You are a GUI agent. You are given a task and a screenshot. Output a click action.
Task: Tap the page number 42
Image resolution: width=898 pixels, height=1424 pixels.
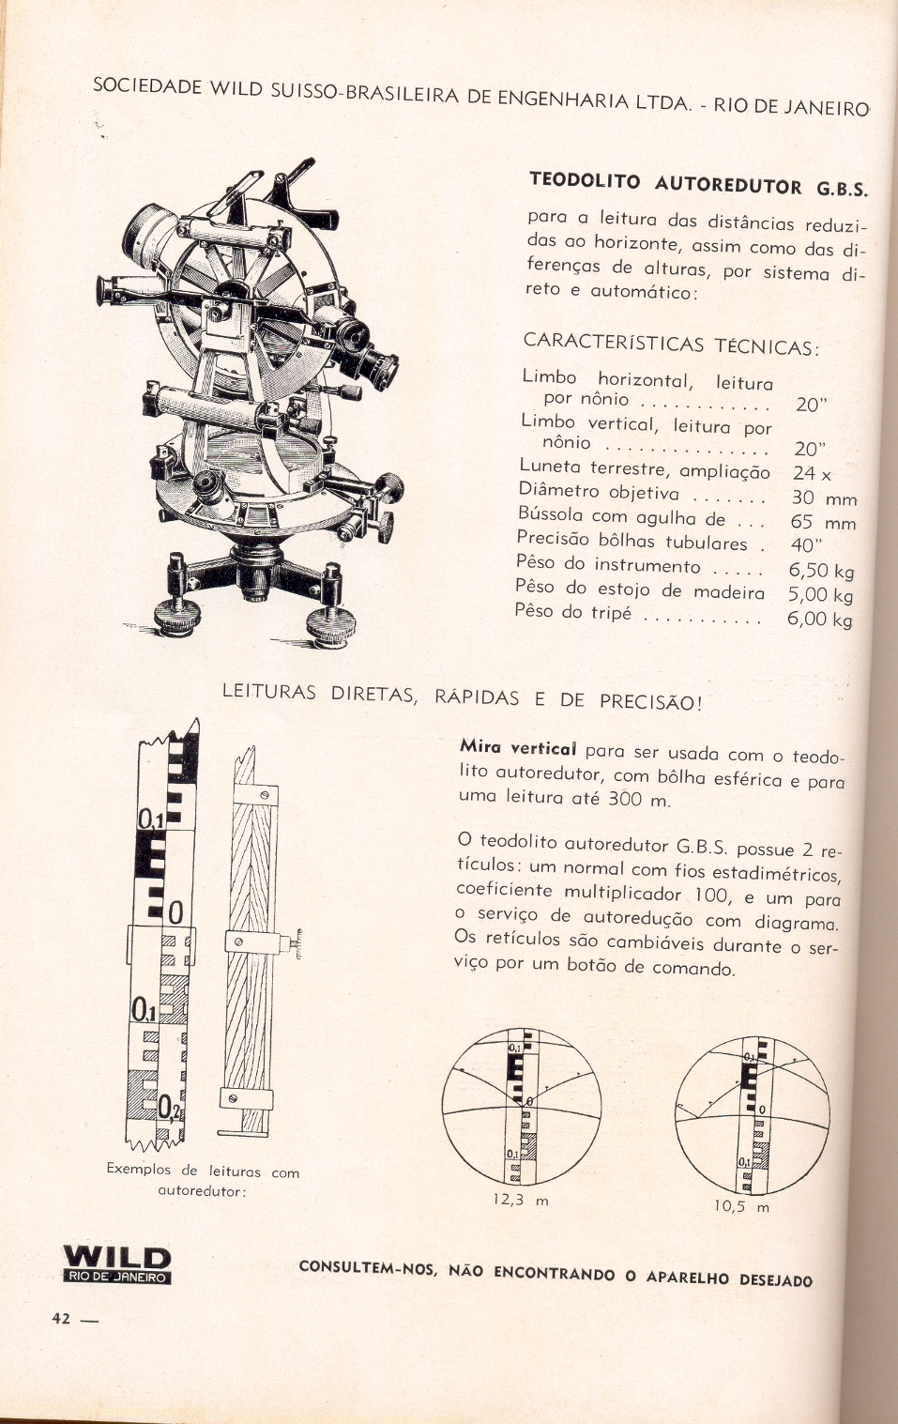tap(61, 1318)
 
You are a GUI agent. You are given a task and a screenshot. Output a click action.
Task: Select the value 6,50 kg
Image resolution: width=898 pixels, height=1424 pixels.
tap(821, 571)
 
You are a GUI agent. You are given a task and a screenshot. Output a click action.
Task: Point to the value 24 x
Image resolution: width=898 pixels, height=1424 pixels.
tap(812, 473)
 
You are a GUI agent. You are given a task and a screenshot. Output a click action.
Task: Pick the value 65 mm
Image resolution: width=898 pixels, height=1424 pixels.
tap(823, 522)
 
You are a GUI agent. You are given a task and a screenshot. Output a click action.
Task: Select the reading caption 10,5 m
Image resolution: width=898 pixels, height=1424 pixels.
tap(741, 1206)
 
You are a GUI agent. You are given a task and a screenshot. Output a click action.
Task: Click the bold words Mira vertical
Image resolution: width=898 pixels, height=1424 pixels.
tap(517, 749)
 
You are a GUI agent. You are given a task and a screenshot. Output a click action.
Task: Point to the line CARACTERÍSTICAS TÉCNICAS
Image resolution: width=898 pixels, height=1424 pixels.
tap(671, 344)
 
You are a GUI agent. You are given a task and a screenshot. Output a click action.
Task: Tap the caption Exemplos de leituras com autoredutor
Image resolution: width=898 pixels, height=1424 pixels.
tap(203, 1180)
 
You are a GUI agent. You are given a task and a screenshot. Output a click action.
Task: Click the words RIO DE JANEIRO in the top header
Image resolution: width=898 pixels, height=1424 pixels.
tap(791, 106)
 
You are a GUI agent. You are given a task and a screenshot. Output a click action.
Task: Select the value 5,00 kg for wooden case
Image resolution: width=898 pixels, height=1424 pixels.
tap(820, 595)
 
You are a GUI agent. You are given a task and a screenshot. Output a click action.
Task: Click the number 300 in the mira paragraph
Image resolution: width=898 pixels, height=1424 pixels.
tap(625, 800)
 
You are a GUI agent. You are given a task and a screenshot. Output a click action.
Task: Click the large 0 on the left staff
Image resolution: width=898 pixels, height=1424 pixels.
tap(175, 912)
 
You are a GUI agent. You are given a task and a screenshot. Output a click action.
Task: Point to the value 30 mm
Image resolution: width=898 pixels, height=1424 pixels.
tap(824, 498)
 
